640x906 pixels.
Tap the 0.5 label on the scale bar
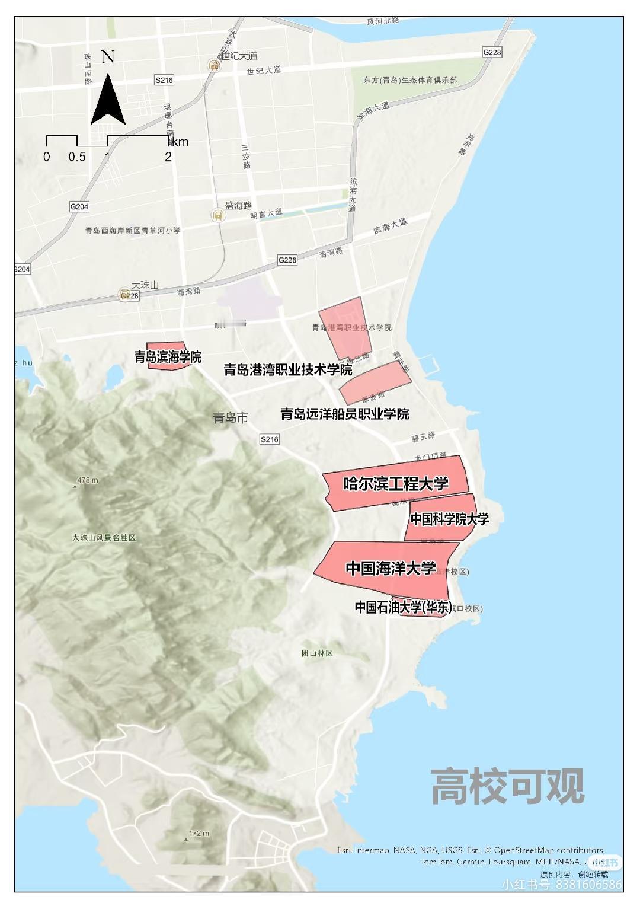[x=77, y=157]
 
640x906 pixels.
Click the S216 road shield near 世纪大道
[x=164, y=80]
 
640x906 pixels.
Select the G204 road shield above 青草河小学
[x=79, y=206]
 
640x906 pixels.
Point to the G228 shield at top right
[x=492, y=52]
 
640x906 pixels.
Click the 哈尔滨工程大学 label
[x=396, y=484]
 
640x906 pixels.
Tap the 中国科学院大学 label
[x=450, y=519]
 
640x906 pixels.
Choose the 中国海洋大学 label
[x=391, y=568]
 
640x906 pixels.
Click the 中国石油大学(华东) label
[x=403, y=607]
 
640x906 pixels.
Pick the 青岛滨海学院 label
[x=168, y=357]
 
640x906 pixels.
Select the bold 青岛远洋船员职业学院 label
[x=344, y=414]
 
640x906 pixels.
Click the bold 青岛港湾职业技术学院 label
[x=287, y=370]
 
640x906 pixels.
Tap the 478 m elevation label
[x=87, y=480]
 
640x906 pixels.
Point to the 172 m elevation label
[x=199, y=833]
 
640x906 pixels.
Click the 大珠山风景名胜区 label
[x=104, y=538]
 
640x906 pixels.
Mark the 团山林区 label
[x=317, y=653]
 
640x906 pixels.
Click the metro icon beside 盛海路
[x=218, y=215]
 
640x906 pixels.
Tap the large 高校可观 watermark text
[x=507, y=786]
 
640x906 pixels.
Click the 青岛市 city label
[x=231, y=418]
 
